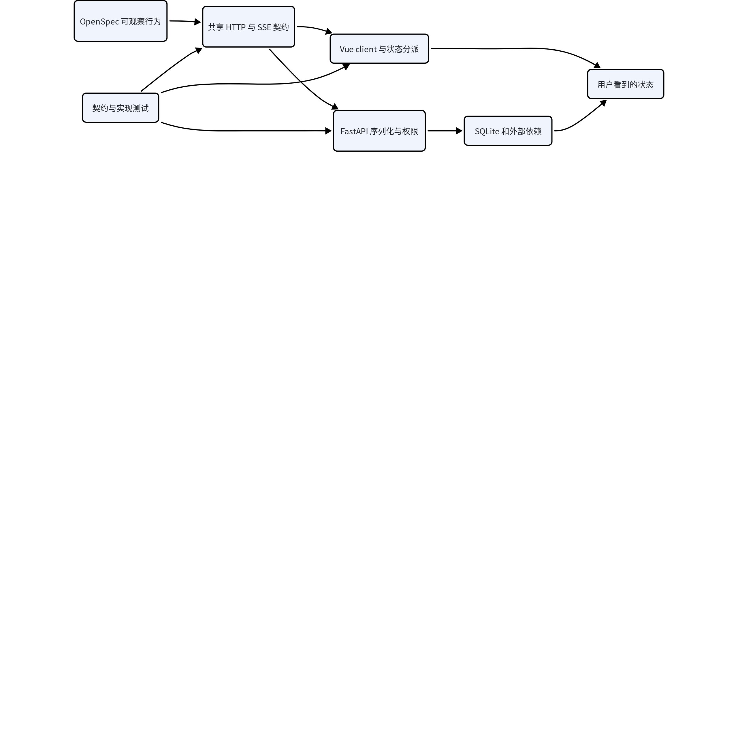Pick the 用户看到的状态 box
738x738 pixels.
point(626,84)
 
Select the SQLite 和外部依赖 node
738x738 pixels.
point(508,131)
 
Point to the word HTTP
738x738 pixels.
point(236,27)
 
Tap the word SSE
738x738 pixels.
point(264,27)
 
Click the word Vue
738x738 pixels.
point(347,49)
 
